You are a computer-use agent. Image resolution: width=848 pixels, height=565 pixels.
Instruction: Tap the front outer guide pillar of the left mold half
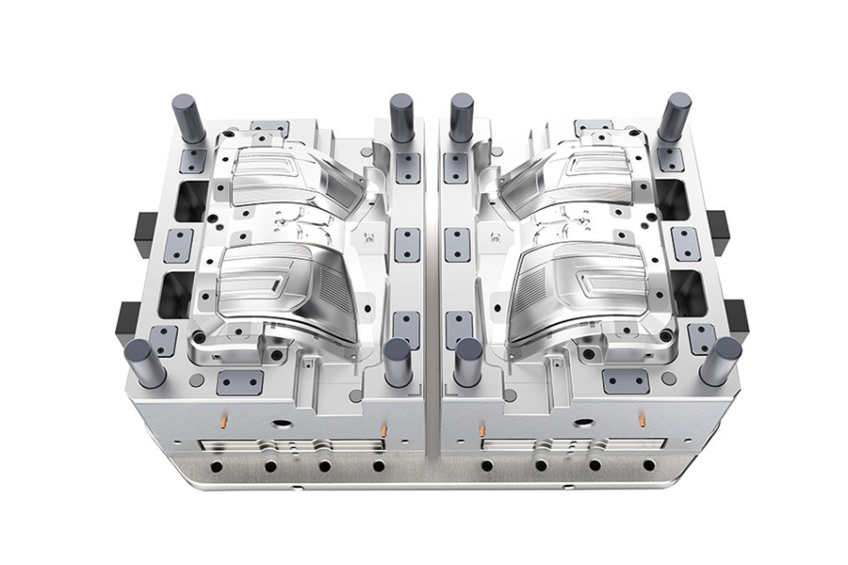(x=145, y=363)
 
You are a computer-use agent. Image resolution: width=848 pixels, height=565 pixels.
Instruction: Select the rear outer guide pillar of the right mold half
(x=675, y=117)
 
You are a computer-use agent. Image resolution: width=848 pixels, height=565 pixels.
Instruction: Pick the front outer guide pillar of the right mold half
(x=721, y=361)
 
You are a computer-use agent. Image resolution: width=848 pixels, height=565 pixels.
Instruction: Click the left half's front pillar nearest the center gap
(x=398, y=362)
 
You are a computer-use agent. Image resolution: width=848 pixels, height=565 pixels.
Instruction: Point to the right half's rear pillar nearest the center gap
(x=461, y=117)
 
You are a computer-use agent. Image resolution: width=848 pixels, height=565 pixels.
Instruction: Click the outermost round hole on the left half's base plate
(x=217, y=465)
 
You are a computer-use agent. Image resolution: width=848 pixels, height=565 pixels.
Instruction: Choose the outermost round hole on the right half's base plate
(x=649, y=465)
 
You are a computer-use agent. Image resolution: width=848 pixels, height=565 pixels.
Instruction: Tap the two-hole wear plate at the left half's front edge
(x=240, y=381)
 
